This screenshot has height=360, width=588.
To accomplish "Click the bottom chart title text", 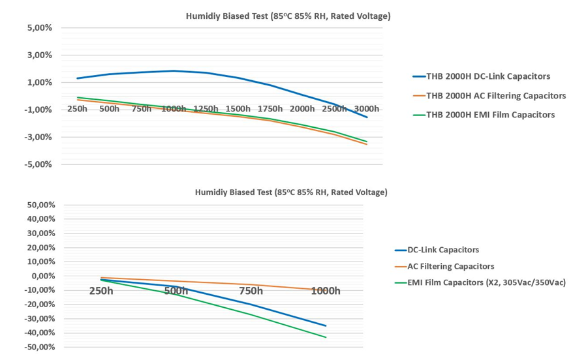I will tap(290, 192).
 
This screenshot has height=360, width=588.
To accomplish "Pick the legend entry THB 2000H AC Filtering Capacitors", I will tap(495, 95).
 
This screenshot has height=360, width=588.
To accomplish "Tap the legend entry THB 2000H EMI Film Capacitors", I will tap(490, 115).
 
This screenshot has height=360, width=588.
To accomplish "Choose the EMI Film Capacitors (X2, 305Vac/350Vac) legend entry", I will tap(486, 282).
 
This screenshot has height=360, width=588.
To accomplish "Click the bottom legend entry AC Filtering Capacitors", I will tap(450, 266).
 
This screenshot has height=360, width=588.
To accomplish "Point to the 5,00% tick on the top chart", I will tap(40, 28).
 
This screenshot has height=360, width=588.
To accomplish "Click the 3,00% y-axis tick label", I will tap(40, 55).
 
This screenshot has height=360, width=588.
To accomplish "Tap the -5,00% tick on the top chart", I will tap(38, 164).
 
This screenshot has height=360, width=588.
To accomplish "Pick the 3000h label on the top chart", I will tap(366, 108).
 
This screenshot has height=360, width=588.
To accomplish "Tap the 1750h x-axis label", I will tap(270, 108).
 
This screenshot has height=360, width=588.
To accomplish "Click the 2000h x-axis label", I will tap(302, 108).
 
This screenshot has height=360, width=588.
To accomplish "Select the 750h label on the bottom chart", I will tap(251, 291).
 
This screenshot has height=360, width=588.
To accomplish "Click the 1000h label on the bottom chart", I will tap(325, 291).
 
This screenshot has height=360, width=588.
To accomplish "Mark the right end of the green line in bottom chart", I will tap(326, 337).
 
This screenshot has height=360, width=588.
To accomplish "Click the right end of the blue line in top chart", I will tap(367, 117).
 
